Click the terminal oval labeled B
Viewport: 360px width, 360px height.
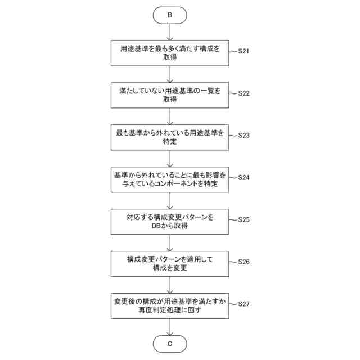tap(170, 15)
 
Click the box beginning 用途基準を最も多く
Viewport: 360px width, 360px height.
tap(170, 53)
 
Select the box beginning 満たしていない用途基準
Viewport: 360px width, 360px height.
tap(170, 96)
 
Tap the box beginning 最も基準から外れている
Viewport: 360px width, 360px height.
tap(170, 138)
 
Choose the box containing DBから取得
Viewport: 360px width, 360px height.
tap(170, 222)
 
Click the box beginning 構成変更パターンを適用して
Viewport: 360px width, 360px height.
tap(170, 264)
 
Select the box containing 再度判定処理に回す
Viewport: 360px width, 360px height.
tap(170, 306)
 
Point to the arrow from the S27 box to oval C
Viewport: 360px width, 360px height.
tap(170, 327)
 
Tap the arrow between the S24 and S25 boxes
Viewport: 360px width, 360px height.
tap(170, 201)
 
